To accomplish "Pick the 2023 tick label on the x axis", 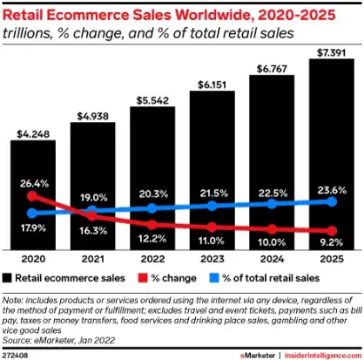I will point(212,259).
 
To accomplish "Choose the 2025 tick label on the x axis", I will point(330,259).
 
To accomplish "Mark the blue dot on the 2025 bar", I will point(330,201).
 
